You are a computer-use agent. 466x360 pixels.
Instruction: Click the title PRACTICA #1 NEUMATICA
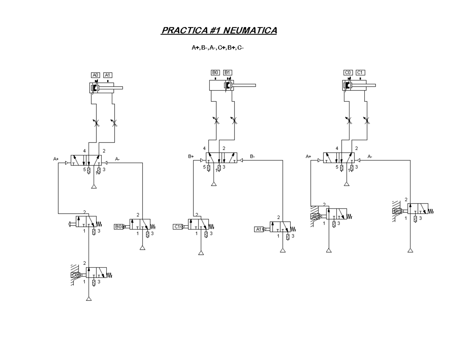(x=219, y=31)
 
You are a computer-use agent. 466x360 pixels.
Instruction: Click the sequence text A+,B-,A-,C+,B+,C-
(x=217, y=48)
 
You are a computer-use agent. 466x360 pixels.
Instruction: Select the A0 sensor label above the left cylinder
(x=96, y=75)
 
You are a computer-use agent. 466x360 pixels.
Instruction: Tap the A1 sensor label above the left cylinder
(x=108, y=75)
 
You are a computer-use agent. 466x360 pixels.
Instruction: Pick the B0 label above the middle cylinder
(x=216, y=73)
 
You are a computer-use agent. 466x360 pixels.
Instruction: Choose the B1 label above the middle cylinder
(x=228, y=73)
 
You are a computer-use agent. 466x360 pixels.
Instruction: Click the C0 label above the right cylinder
(x=348, y=73)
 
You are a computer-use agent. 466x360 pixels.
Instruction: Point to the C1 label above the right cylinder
(x=360, y=73)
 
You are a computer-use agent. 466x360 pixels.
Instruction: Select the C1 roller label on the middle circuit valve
(x=177, y=226)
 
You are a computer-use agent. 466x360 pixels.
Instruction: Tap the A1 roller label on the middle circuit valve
(x=259, y=229)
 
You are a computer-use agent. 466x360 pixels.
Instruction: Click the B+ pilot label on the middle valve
(x=191, y=157)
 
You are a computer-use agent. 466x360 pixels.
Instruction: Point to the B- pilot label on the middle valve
(x=252, y=157)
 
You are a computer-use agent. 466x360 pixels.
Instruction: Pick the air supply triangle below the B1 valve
(x=410, y=250)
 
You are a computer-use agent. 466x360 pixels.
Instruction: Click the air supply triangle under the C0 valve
(x=89, y=299)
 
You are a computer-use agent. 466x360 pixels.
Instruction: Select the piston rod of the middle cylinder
(x=244, y=85)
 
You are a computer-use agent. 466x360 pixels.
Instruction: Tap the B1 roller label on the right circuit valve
(x=396, y=211)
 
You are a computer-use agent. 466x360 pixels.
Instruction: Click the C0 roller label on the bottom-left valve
(x=75, y=275)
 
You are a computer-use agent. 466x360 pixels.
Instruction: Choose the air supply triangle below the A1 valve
(x=283, y=250)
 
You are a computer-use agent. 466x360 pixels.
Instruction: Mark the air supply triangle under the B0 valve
(x=143, y=248)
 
